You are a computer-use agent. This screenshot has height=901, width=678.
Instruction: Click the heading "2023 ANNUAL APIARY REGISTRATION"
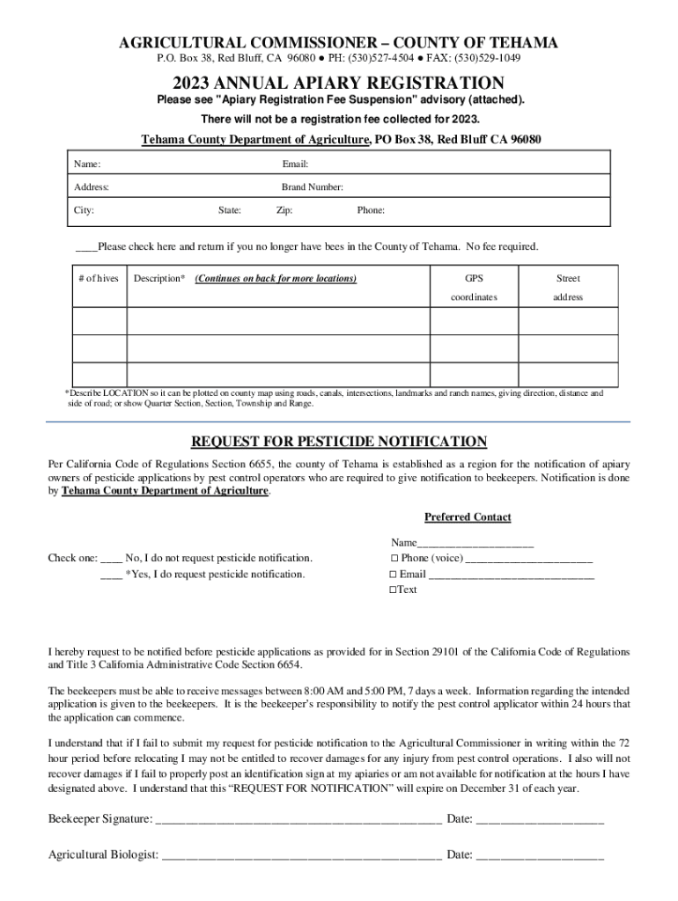(338, 83)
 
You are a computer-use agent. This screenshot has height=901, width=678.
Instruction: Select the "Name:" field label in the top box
(86, 165)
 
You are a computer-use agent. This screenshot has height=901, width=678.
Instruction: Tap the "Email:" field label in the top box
(295, 165)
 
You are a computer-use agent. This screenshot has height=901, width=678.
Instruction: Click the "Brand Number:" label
(312, 187)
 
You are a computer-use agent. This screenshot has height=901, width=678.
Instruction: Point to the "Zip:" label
(284, 210)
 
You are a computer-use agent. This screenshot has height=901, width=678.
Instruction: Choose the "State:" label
(230, 210)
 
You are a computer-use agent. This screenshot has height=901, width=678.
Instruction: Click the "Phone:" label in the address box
(370, 210)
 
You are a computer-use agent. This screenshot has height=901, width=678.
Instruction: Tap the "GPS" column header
(475, 279)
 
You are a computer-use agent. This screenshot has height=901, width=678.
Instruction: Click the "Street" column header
(568, 279)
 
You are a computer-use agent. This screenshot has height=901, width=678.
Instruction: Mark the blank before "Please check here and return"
(85, 246)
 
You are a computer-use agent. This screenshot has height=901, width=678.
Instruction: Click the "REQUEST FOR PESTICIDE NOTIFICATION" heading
(339, 442)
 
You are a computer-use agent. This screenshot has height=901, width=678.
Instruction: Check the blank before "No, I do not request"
(112, 558)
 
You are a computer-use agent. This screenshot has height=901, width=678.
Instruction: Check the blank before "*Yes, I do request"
(112, 574)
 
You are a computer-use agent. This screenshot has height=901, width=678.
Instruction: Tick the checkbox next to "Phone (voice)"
(394, 559)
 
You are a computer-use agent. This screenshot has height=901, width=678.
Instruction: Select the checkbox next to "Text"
(393, 590)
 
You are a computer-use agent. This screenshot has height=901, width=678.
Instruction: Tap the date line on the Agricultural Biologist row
(540, 854)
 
